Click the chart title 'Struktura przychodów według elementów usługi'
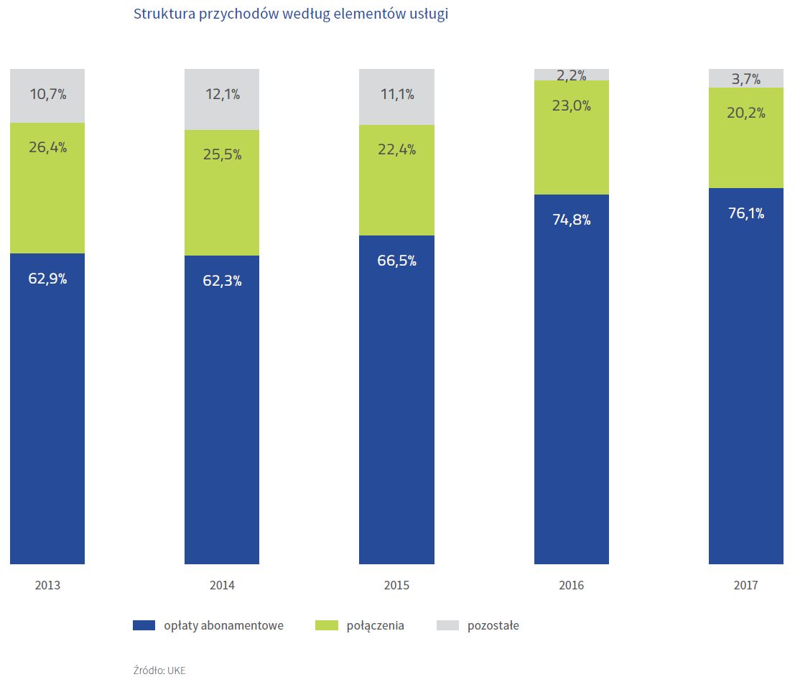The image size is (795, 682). (x=291, y=14)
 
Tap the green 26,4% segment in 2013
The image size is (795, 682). (x=47, y=188)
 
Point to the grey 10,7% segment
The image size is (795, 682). (x=47, y=95)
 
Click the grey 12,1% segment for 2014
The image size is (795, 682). (x=222, y=99)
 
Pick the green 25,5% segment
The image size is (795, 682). (x=222, y=192)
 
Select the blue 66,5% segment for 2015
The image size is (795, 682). (x=396, y=399)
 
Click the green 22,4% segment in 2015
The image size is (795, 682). (x=396, y=179)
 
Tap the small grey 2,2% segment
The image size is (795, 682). (x=572, y=75)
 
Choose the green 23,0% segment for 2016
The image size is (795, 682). (x=572, y=137)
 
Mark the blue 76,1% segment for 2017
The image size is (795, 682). (x=746, y=375)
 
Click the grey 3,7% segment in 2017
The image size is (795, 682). (x=746, y=78)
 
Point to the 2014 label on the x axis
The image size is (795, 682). (x=222, y=585)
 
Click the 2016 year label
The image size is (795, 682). (x=572, y=585)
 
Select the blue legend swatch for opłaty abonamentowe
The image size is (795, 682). (x=144, y=625)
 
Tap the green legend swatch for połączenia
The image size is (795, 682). (x=327, y=625)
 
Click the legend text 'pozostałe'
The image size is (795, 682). (x=493, y=625)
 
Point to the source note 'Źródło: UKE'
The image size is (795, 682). (x=159, y=670)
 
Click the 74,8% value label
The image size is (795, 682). (x=572, y=220)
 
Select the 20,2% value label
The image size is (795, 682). (x=746, y=113)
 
